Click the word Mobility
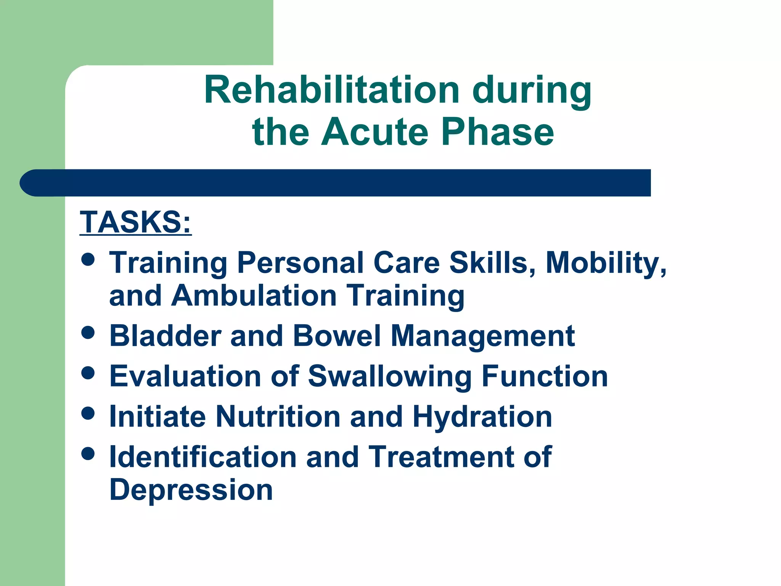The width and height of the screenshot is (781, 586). point(606,263)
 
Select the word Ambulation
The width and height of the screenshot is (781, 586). point(254,296)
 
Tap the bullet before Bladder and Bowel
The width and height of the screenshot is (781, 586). point(88,332)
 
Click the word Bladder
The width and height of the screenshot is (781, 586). point(166,336)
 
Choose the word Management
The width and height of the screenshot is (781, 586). point(483,336)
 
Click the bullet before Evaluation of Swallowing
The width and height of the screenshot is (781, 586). point(88,373)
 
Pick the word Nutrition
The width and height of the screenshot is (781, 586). point(278,417)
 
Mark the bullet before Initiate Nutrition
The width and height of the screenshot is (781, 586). point(88,413)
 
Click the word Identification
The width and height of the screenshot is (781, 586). point(203,457)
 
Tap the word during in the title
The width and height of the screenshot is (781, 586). point(532,91)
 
